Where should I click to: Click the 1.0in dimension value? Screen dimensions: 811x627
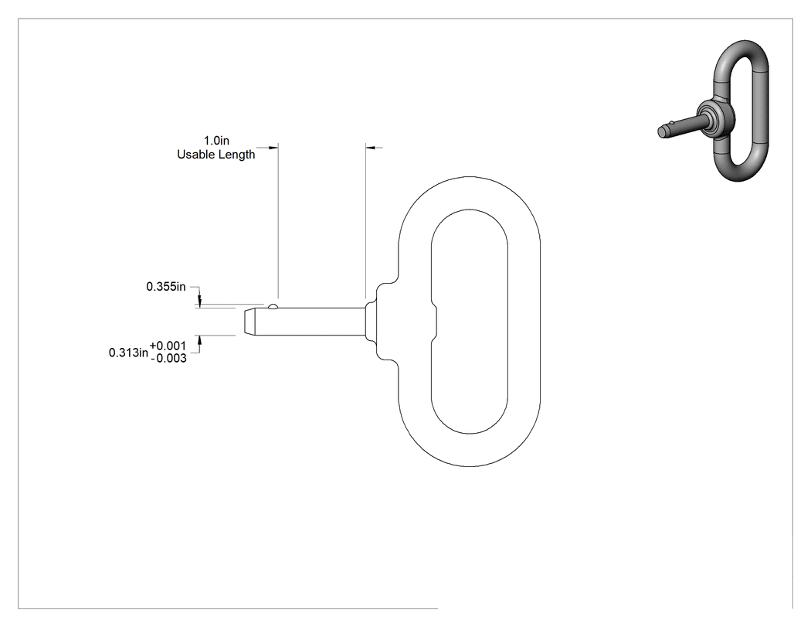(216, 141)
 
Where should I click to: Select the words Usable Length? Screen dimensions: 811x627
(216, 155)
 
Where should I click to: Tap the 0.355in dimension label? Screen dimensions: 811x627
(166, 286)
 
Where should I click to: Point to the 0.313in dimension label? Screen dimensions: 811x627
(128, 353)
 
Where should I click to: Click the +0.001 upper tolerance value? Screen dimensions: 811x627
(168, 346)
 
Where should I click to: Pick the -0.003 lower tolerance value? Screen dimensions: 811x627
(168, 358)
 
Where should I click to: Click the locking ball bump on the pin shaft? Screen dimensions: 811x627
(273, 306)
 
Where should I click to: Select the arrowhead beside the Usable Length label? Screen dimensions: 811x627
(272, 148)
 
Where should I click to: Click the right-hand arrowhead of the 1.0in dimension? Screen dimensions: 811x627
(372, 148)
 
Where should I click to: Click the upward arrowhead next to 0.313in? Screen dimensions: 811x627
(200, 342)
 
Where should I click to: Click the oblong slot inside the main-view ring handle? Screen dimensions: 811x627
(470, 322)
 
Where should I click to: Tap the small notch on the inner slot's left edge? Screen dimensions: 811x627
(434, 322)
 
